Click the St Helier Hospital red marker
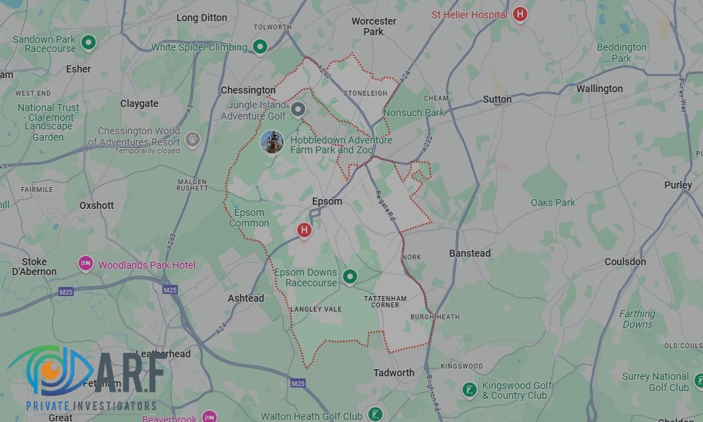coord(520,14)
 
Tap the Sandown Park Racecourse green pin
coord(89,43)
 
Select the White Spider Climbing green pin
coord(260,47)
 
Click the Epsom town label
coord(327,201)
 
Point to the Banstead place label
coord(470,253)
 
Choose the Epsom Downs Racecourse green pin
coord(349,277)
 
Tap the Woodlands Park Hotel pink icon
coord(86,264)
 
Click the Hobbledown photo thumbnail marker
coord(272,141)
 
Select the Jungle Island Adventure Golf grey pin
coord(299,110)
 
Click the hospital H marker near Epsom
coord(304,229)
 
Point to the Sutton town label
coord(497,99)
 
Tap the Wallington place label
coord(599,89)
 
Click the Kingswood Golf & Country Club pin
coord(469,389)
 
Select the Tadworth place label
coord(394,373)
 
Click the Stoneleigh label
coord(366,93)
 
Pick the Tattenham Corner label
coord(382,301)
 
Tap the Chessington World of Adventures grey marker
coord(193,139)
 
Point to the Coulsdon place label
coord(625,262)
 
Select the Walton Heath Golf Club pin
coord(376,414)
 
